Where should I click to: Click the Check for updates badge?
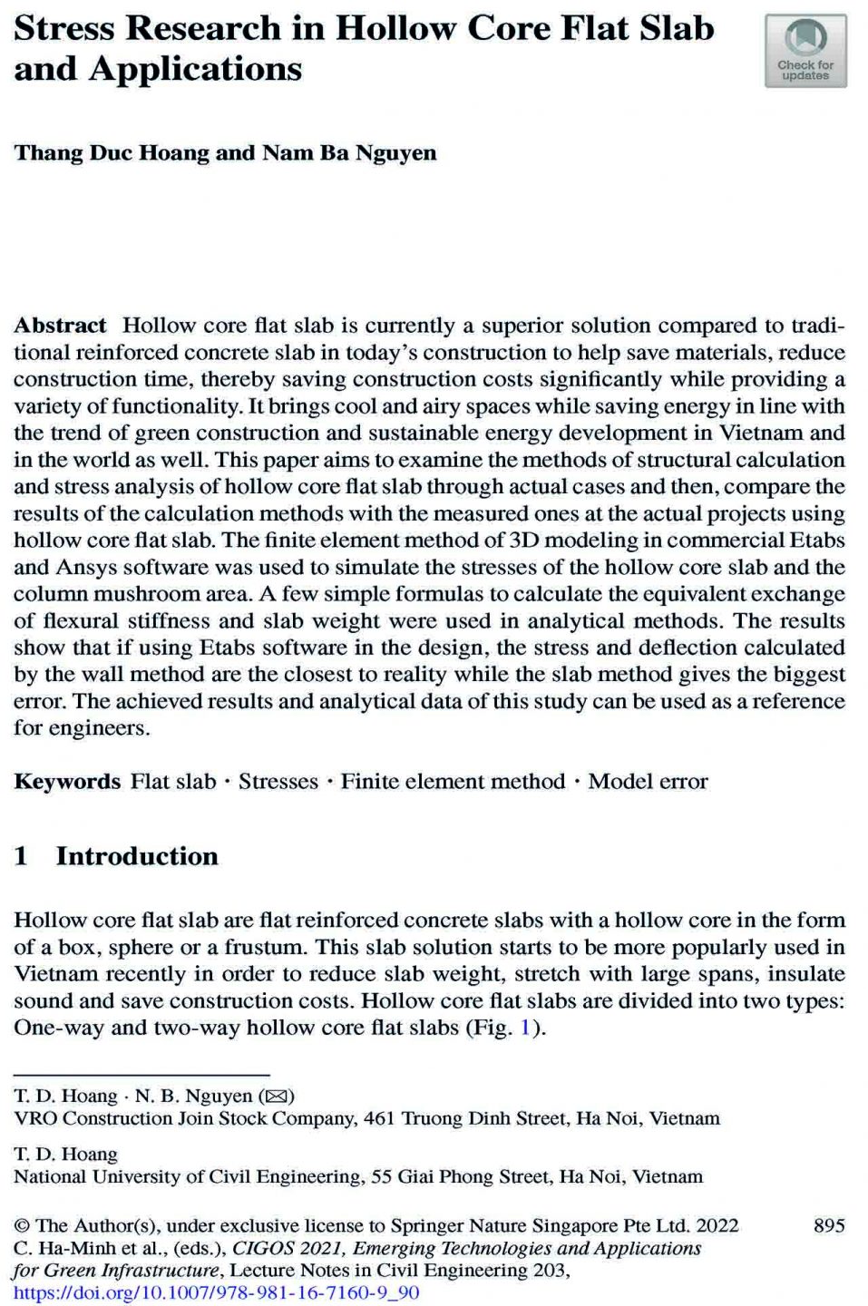(x=805, y=52)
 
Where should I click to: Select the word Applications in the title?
(x=195, y=70)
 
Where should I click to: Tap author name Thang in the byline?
(x=48, y=153)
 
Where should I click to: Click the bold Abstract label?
(x=60, y=326)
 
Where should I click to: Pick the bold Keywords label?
(x=67, y=782)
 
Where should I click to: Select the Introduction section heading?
(x=137, y=856)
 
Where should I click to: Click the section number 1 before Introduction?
(x=21, y=856)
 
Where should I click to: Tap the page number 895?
(x=829, y=1226)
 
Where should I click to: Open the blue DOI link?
(x=217, y=1292)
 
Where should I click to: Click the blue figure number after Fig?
(x=525, y=1028)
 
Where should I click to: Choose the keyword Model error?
(x=648, y=782)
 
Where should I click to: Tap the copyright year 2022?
(x=717, y=1226)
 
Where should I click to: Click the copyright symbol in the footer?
(x=21, y=1226)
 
